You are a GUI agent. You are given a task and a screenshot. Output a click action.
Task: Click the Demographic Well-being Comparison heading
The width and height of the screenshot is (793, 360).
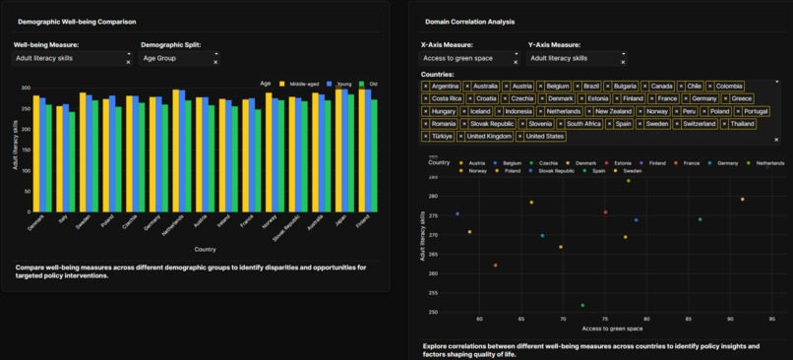(x=77, y=21)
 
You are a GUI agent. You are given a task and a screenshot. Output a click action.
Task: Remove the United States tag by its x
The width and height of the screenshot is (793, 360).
(x=520, y=137)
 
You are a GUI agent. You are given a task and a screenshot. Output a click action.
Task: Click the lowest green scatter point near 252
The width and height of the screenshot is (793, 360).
(x=582, y=305)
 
